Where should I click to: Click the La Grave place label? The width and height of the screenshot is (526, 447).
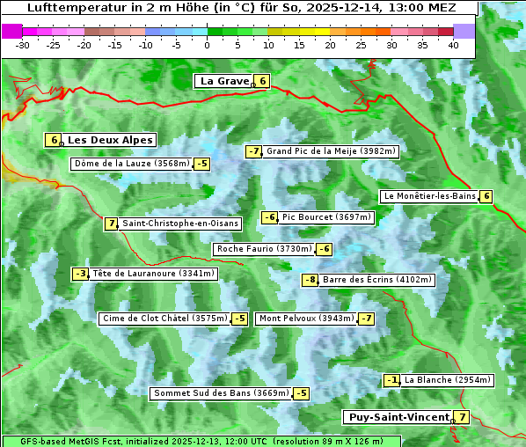(x=224, y=81)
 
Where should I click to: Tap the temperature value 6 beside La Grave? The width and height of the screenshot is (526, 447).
(x=262, y=81)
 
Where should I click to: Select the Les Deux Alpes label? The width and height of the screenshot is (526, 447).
(x=110, y=140)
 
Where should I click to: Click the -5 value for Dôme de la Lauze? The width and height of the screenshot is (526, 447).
(x=202, y=164)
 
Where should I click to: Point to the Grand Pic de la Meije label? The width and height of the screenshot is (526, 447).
(x=332, y=151)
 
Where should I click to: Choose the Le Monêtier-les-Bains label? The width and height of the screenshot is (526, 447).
(x=429, y=196)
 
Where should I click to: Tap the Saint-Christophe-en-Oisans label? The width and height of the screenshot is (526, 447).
(x=179, y=223)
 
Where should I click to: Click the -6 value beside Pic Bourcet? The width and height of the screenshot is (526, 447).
(x=270, y=217)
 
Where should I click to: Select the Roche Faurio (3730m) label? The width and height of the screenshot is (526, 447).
(x=264, y=249)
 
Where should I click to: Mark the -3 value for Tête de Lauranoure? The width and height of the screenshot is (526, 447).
(x=81, y=274)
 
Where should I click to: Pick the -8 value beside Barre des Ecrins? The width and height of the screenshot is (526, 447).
(x=310, y=280)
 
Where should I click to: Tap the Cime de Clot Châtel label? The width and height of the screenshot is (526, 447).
(x=164, y=319)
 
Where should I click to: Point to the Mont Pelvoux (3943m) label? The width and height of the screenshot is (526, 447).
(x=306, y=319)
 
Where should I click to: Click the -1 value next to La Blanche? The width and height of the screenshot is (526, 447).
(x=392, y=380)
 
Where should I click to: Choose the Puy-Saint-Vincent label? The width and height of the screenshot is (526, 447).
(x=398, y=417)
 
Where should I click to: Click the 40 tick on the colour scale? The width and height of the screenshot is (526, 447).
(x=453, y=44)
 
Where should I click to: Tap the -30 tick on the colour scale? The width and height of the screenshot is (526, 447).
(x=23, y=44)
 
